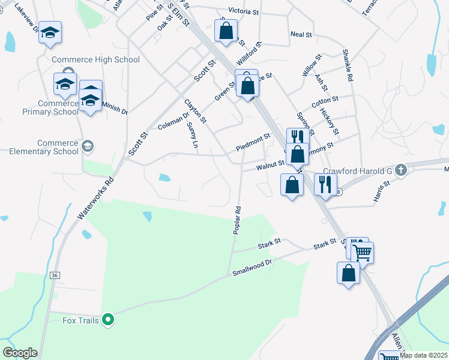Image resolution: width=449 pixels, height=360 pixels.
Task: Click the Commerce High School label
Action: tap(95, 59)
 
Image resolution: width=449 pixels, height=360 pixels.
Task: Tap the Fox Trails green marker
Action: tap(108, 320)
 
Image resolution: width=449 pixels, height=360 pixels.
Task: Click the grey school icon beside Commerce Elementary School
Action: tap(88, 146)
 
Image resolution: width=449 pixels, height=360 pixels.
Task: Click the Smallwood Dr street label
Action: tap(252, 267)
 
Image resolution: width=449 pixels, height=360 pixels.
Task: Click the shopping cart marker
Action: tap(363, 253)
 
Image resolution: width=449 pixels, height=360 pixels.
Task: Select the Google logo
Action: tap(20, 352)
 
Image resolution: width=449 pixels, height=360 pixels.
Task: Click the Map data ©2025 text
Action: tap(423, 355)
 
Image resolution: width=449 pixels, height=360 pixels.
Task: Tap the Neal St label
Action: tap(301, 35)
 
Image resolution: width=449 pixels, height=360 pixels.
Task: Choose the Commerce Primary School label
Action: tap(50, 107)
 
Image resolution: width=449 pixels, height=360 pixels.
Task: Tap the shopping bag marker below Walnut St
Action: tap(292, 185)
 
